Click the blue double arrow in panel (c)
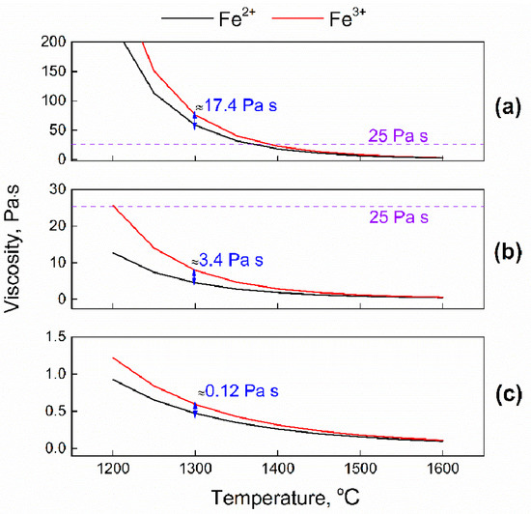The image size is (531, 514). pyautogui.click(x=195, y=410)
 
